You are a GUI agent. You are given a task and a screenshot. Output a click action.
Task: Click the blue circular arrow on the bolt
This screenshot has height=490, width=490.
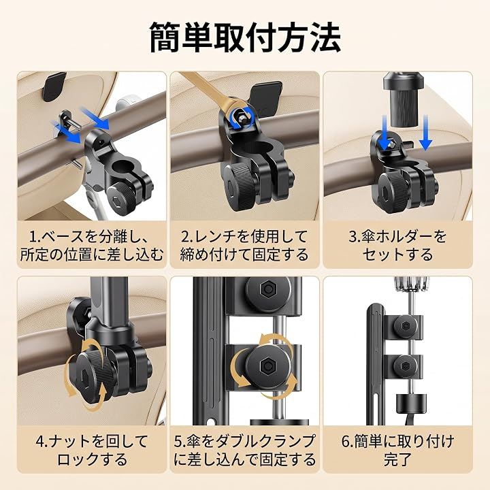[241, 118]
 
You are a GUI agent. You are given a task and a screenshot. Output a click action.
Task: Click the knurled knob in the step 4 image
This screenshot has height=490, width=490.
[92, 374]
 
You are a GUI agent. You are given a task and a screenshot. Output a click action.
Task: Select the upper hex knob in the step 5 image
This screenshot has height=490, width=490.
[268, 290]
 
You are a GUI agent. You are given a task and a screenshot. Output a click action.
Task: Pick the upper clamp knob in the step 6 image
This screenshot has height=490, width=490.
[406, 326]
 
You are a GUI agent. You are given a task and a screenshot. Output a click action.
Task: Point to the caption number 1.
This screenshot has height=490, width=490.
[33, 237]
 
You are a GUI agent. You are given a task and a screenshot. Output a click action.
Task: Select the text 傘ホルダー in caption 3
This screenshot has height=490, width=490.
[395, 237]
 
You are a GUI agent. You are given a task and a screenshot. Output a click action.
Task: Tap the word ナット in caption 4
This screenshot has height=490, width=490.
[69, 442]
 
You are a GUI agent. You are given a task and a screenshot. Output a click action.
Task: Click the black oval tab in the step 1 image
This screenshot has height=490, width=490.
[54, 86]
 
